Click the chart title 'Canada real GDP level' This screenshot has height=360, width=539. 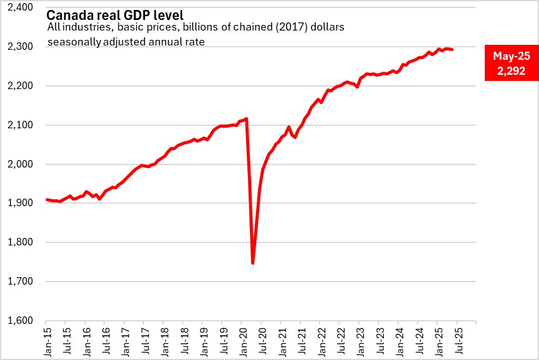(x=115, y=14)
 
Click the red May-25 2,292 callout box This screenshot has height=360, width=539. (x=511, y=64)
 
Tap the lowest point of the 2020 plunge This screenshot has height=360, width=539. (x=252, y=263)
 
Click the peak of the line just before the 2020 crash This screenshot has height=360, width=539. (x=247, y=118)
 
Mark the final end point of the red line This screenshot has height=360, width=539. (x=452, y=49)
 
